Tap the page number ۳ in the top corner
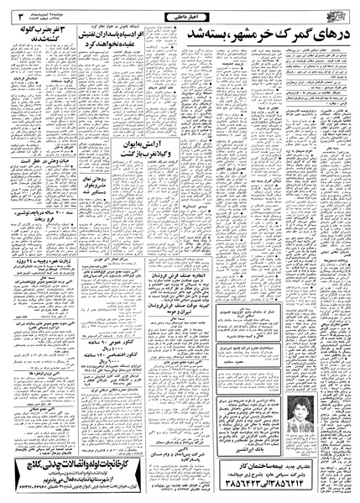[x=10, y=11]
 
